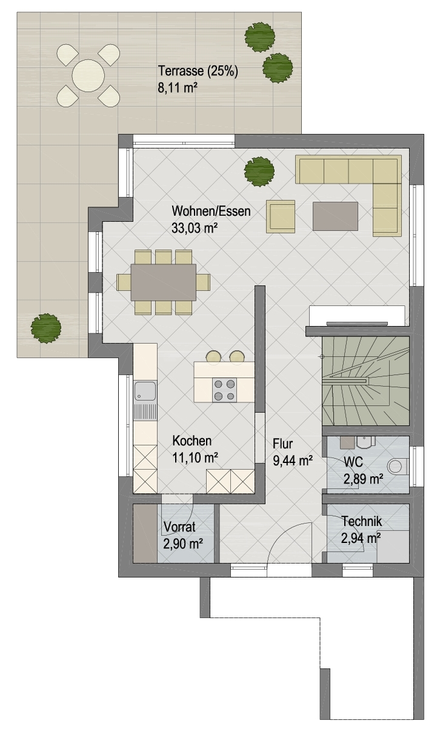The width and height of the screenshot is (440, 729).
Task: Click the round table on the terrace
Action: [88, 76]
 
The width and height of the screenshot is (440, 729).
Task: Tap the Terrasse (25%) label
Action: [198, 71]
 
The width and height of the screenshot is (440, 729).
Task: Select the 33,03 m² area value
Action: [195, 228]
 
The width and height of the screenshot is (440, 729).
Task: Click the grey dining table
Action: [164, 282]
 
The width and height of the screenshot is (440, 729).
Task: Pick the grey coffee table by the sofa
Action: [336, 216]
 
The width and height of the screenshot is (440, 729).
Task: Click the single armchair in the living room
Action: [281, 216]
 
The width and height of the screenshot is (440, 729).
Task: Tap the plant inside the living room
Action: [259, 171]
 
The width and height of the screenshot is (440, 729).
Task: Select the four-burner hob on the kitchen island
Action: [225, 390]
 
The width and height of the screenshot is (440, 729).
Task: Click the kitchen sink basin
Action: [145, 391]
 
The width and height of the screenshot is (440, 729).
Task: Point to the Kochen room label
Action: [192, 441]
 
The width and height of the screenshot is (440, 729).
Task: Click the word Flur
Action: [282, 444]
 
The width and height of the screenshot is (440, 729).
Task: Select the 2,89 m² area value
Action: [363, 479]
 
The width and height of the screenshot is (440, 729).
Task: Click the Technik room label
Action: [362, 521]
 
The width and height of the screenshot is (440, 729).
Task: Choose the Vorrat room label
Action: [179, 527]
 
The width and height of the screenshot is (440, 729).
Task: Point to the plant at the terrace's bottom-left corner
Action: [46, 328]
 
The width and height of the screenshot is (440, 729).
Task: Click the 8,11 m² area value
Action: [178, 87]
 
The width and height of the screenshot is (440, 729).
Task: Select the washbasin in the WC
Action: [365, 442]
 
